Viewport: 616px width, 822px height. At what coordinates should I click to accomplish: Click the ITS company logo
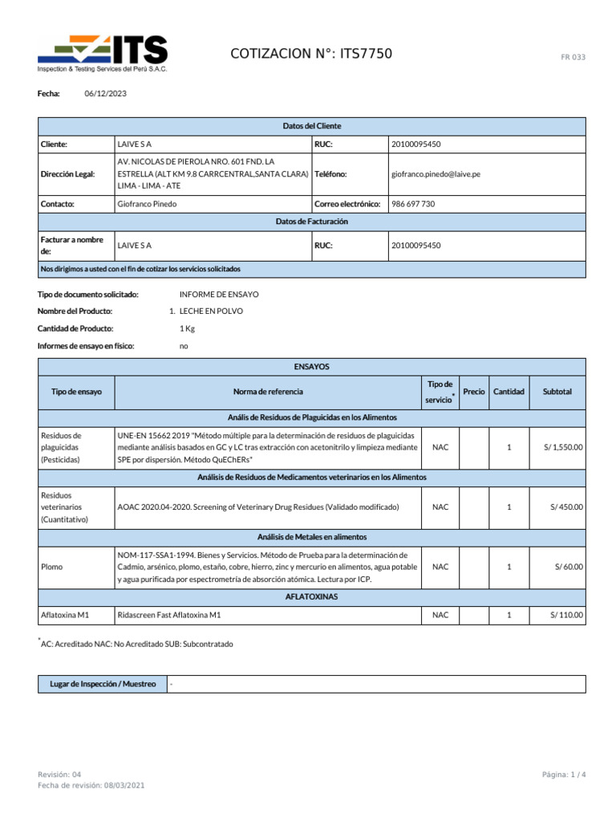[x=103, y=55]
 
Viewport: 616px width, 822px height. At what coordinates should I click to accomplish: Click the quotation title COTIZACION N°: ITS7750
[x=311, y=55]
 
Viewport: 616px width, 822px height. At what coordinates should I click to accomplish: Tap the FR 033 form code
[x=573, y=57]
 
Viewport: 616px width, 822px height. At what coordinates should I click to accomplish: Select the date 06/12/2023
[x=105, y=94]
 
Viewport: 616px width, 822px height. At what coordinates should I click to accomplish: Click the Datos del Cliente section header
[x=311, y=126]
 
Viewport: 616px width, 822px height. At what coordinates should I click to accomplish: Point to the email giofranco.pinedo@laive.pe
[x=436, y=174]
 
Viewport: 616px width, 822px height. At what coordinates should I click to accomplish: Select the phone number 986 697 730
[x=413, y=204]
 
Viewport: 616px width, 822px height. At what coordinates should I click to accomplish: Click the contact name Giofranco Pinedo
[x=147, y=204]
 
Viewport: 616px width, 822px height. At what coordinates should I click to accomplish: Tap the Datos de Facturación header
[x=311, y=222]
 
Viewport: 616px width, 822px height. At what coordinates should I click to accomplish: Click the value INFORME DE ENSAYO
[x=219, y=295]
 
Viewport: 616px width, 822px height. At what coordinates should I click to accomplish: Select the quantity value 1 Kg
[x=187, y=328]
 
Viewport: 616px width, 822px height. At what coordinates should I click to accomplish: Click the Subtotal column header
[x=557, y=392]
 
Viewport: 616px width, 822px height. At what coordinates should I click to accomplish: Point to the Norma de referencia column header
[x=268, y=392]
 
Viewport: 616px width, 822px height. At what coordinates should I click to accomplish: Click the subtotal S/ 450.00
[x=566, y=507]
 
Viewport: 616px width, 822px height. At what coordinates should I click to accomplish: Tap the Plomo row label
[x=51, y=567]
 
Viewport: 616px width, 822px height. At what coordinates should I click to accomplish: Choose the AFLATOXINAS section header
[x=311, y=597]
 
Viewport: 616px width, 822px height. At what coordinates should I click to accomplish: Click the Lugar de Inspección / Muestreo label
[x=103, y=684]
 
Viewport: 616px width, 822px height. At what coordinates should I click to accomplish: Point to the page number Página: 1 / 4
[x=564, y=774]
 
